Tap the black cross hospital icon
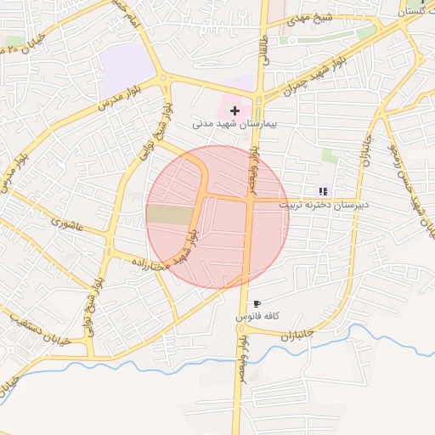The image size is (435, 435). coord(235,110)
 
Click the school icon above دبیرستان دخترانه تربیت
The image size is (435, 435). coord(322,191)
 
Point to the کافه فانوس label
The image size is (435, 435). coord(258,317)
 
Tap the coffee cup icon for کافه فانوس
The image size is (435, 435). coord(257,303)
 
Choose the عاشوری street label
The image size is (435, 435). coord(67,224)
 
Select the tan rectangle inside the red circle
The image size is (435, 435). coord(170,214)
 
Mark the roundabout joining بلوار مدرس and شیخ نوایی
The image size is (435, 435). coord(163,82)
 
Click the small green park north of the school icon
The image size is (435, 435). coord(329,156)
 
